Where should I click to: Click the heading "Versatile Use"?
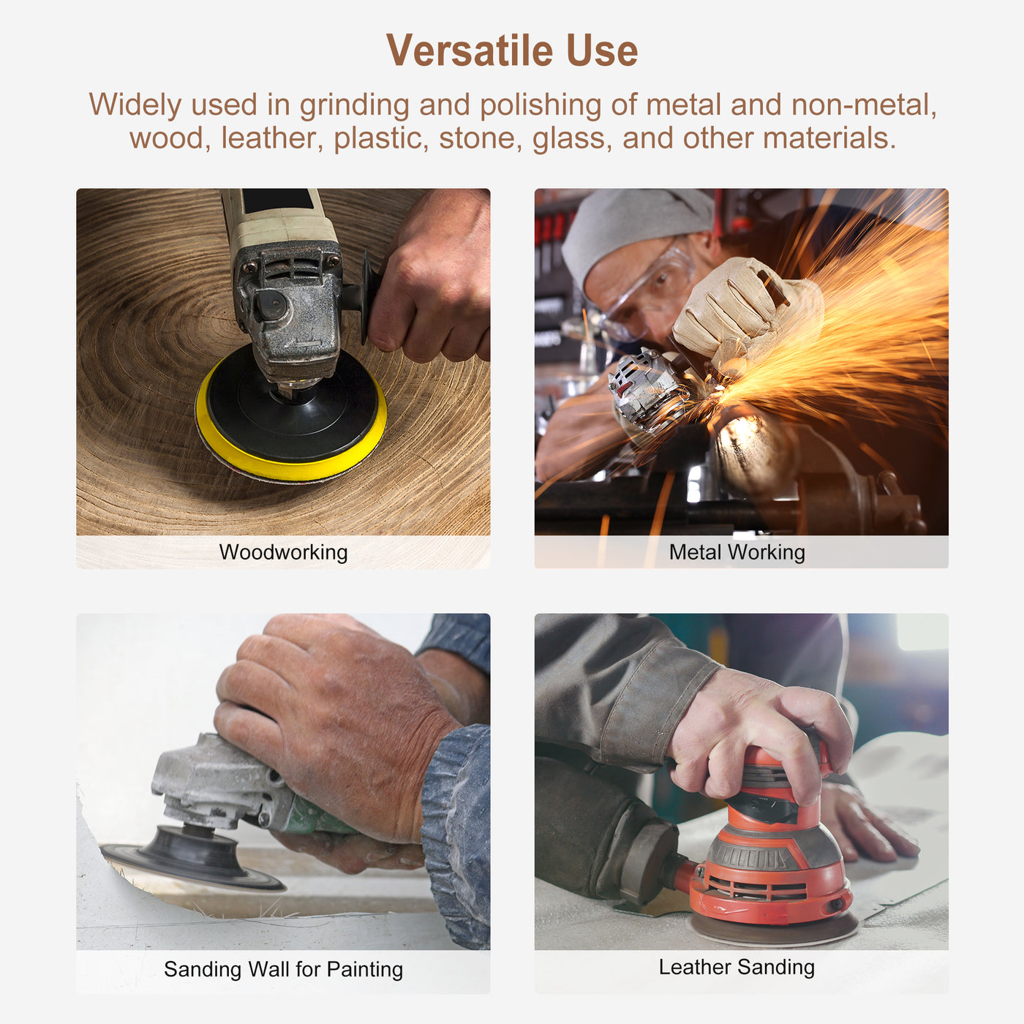click(x=512, y=50)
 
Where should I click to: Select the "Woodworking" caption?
click(x=283, y=552)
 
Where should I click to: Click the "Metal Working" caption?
click(x=737, y=552)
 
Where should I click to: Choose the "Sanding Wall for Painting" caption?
click(x=283, y=969)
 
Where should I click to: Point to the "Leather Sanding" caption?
click(x=737, y=967)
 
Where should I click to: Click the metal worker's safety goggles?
click(x=651, y=289)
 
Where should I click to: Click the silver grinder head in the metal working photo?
click(x=644, y=388)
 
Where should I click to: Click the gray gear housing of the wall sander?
click(x=212, y=783)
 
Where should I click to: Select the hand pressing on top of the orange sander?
click(x=761, y=731)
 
